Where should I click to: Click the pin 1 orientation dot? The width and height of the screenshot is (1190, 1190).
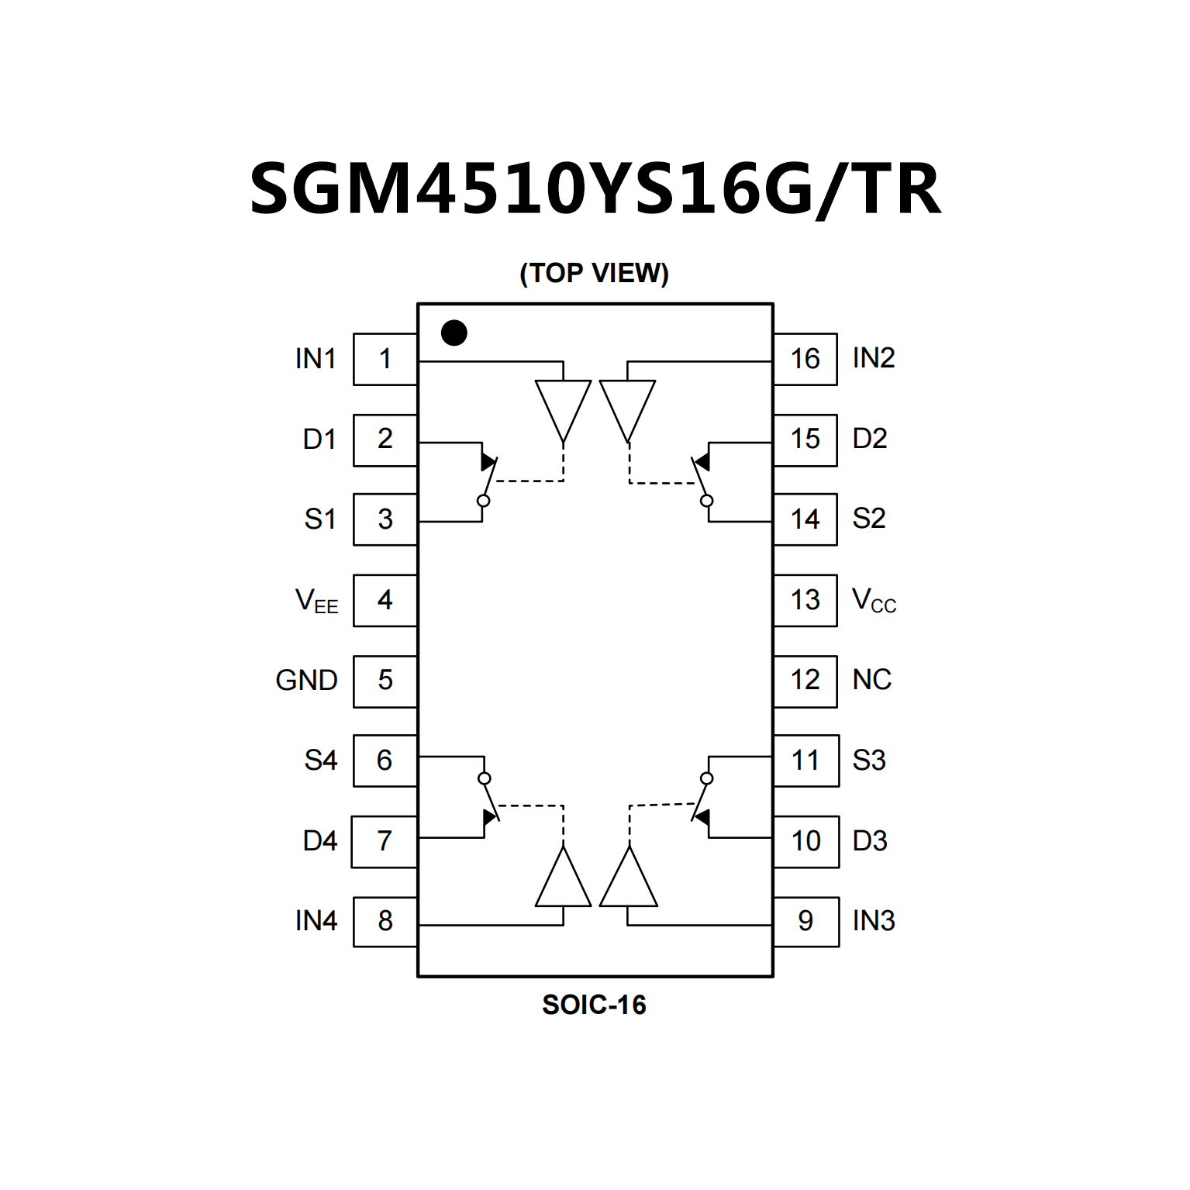pyautogui.click(x=454, y=333)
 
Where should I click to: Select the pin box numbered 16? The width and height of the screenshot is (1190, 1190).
pyautogui.click(x=805, y=359)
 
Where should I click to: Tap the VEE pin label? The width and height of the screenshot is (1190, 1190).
pyautogui.click(x=316, y=601)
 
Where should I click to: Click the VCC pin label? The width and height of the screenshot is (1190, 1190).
pyautogui.click(x=874, y=600)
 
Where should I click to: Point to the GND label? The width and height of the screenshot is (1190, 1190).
pyautogui.click(x=306, y=681)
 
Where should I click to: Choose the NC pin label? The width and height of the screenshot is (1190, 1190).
pyautogui.click(x=871, y=680)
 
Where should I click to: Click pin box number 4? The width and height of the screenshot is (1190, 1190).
pyautogui.click(x=385, y=600)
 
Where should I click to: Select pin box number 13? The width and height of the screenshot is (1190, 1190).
pyautogui.click(x=805, y=600)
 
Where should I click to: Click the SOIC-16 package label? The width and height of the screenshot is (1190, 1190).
pyautogui.click(x=594, y=1005)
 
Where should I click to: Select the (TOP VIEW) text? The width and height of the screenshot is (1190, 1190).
pyautogui.click(x=594, y=273)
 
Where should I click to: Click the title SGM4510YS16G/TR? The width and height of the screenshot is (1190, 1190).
pyautogui.click(x=595, y=189)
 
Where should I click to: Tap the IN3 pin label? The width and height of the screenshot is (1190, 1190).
pyautogui.click(x=874, y=921)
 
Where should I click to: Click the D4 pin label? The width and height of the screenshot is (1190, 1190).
pyautogui.click(x=319, y=841)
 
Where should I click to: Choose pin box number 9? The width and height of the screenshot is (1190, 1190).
pyautogui.click(x=805, y=921)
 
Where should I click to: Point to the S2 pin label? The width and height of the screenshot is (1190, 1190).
pyautogui.click(x=869, y=519)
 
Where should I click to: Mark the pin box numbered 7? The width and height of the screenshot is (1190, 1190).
pyautogui.click(x=384, y=841)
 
